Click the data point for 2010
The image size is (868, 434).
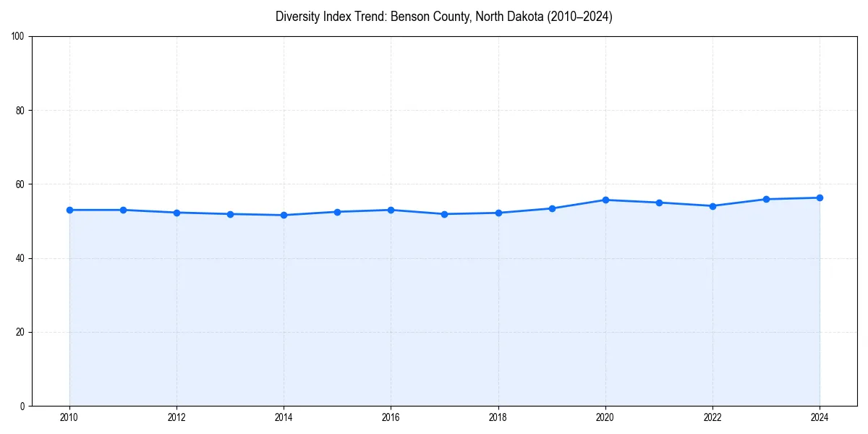69,210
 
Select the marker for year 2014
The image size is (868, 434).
284,215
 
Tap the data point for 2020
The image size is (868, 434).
605,200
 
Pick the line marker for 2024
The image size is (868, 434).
820,197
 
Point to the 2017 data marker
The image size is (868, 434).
444,214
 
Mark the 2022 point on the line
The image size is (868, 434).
712,206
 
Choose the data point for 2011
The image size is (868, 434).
123,210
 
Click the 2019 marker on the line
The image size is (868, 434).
552,208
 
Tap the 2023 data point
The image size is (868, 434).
766,199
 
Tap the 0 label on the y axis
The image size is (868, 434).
22,406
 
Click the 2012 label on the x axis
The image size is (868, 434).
176,417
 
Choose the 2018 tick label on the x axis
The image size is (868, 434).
498,417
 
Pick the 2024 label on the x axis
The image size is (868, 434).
820,417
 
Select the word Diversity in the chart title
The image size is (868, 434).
297,17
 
